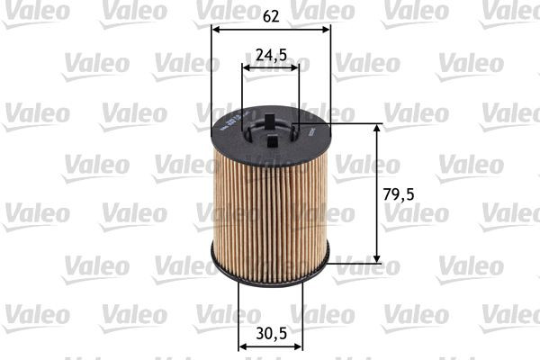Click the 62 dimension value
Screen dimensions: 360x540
[270, 14]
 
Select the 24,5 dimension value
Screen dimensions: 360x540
[271, 55]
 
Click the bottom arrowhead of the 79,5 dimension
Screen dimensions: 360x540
[376, 259]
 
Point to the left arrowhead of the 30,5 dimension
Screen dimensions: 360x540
[242, 345]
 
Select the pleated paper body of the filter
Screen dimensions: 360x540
[270, 207]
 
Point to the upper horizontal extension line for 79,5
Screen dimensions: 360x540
[355, 122]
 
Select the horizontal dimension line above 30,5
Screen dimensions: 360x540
[270, 345]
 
